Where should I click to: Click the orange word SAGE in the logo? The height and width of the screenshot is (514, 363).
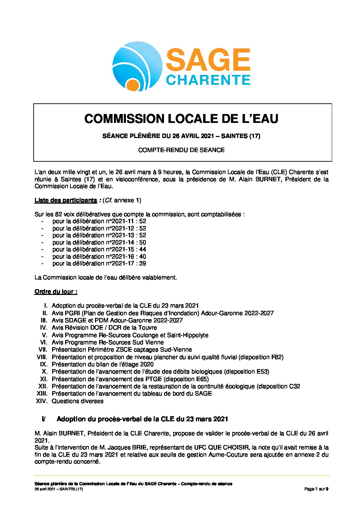coord(208,60)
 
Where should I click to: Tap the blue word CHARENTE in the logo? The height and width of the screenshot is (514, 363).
coord(208,80)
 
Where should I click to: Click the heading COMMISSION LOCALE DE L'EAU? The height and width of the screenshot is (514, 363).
coord(181,119)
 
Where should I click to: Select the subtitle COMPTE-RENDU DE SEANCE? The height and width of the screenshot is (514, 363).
coord(181,150)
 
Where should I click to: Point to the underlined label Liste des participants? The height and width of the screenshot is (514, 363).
coord(66,200)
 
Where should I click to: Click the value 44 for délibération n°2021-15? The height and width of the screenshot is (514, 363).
coord(143,249)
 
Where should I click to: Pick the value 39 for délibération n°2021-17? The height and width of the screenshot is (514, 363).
coord(142,263)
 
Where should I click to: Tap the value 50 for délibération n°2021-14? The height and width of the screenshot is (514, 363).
coord(142,242)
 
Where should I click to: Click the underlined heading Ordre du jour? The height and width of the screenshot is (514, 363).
coord(56,292)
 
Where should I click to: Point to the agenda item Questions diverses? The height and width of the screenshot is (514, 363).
coord(78,401)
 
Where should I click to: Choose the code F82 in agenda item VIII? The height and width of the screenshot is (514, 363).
coord(276,357)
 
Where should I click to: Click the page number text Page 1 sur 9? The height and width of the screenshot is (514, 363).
coord(316,489)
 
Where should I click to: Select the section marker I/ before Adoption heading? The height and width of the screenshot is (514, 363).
coord(44,419)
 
